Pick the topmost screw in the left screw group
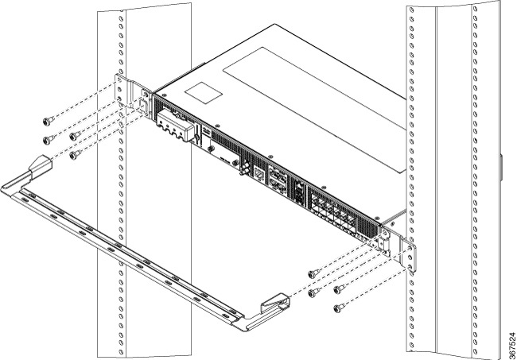click(x=48, y=121)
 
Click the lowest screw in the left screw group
click(x=74, y=155)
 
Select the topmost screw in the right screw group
click(x=313, y=273)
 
